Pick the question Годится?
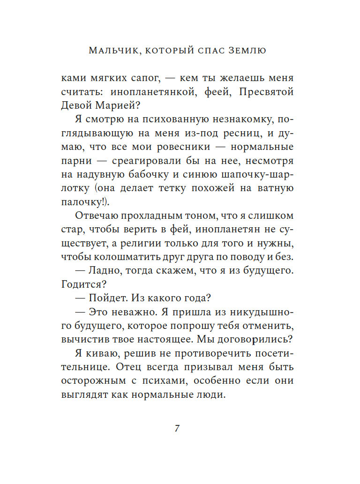[78, 284]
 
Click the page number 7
[177, 428]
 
